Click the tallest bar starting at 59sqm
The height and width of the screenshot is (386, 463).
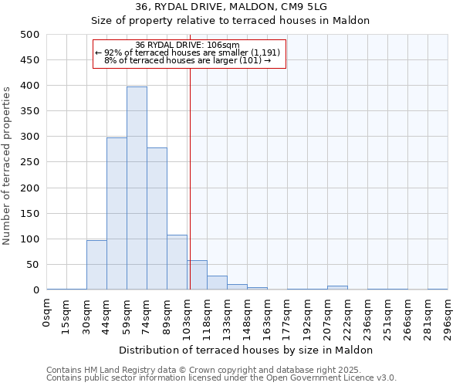[x=137, y=188]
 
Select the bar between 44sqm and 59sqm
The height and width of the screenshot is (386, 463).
[x=117, y=214]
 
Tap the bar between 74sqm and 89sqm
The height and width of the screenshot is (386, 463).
[x=157, y=218]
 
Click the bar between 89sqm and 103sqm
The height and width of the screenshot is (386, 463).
[x=177, y=262]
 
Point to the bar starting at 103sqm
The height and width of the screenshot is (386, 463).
[x=197, y=276]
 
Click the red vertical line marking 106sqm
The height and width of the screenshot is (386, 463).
[x=190, y=178]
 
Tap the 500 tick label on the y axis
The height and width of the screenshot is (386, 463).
[x=30, y=35]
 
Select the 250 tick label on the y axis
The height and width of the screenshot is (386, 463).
[x=30, y=162]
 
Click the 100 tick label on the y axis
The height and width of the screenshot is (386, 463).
[x=30, y=239]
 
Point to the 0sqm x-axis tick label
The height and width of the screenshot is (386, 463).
[x=48, y=313]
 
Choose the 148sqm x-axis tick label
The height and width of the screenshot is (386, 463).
[x=248, y=315]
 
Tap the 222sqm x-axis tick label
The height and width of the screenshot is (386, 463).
[x=348, y=315]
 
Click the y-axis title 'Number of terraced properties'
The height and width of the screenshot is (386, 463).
[x=7, y=164]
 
